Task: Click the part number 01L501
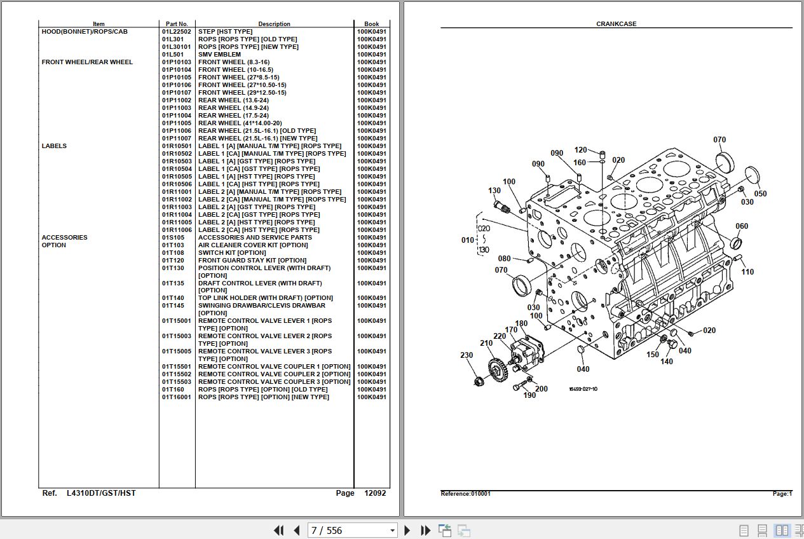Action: [x=172, y=55]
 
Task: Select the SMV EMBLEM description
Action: [x=219, y=55]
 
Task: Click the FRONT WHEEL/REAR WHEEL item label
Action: [x=87, y=62]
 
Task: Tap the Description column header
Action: [x=274, y=24]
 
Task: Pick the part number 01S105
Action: [x=173, y=238]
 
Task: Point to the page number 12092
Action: [x=374, y=493]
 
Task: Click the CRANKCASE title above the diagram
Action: [x=616, y=24]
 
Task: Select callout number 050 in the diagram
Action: [x=760, y=194]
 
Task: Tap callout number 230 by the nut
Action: [x=467, y=355]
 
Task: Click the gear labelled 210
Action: [x=498, y=367]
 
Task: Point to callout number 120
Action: [x=580, y=150]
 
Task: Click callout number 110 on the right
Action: [x=747, y=272]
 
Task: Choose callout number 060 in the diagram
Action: [x=742, y=226]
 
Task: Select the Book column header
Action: [x=371, y=24]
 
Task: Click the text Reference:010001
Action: [x=465, y=494]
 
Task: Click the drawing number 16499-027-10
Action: [x=583, y=389]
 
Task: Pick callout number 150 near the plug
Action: [x=653, y=355]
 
